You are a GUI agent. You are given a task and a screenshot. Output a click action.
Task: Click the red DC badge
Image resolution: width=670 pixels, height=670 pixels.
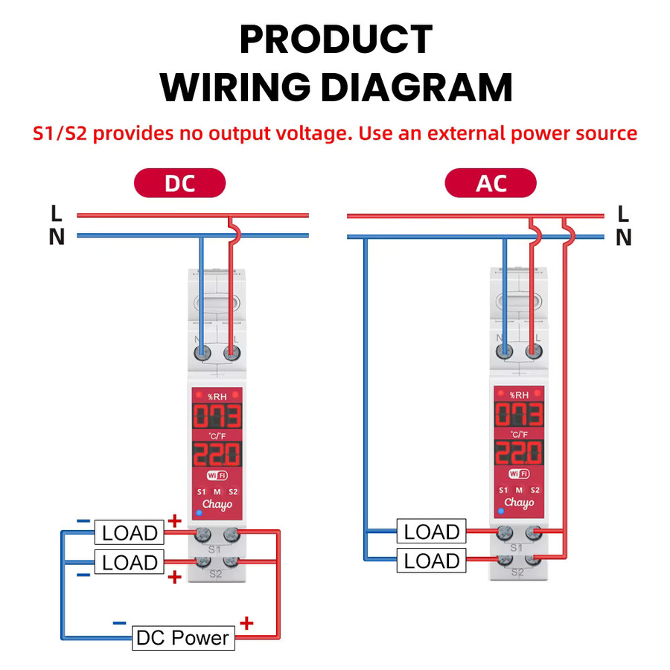180,183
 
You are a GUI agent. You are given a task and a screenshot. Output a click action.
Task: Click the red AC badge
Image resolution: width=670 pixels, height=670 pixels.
491,183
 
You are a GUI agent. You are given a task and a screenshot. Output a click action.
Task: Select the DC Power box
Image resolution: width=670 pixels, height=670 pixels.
183,638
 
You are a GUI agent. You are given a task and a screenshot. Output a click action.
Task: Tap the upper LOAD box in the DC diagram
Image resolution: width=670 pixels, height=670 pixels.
129,532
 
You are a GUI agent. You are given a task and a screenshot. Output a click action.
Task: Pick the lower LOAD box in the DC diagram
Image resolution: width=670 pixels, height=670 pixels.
129,562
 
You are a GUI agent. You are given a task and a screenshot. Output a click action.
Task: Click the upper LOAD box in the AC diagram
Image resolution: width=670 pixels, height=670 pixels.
431,531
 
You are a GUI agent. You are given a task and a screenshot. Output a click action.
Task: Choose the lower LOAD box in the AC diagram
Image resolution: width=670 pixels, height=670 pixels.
431,560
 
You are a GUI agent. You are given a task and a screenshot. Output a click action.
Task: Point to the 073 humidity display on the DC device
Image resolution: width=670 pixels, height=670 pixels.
217,415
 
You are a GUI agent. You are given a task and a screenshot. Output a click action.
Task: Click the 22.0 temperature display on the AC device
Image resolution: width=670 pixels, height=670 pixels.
519,453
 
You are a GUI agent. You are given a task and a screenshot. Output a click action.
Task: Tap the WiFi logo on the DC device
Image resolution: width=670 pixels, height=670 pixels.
217,475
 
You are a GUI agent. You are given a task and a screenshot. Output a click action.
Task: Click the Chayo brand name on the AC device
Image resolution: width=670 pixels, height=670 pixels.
519,503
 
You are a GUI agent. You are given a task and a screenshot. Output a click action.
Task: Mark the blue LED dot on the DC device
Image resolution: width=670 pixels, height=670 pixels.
199,512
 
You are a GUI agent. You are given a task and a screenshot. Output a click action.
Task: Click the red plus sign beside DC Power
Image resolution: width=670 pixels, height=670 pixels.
246,623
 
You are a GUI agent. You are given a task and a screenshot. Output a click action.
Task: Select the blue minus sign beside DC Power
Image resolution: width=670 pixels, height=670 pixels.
119,623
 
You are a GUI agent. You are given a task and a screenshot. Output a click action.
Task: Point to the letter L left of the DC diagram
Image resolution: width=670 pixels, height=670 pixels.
57,213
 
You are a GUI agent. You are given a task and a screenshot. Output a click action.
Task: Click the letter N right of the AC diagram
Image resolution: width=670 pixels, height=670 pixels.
623,237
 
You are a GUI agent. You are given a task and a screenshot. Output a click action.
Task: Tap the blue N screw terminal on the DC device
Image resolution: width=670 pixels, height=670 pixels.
202,353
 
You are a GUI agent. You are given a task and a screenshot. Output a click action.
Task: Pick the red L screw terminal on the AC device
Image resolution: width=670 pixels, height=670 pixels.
533,351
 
